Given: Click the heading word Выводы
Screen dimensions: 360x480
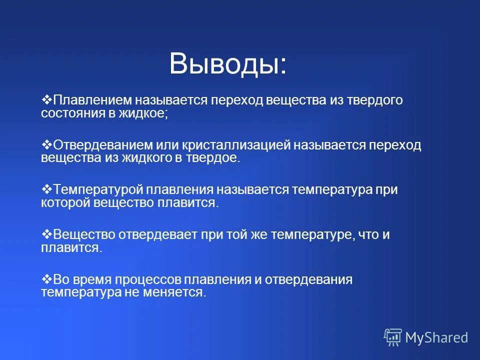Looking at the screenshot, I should (228, 65).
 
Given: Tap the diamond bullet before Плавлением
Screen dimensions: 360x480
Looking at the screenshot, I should (46, 100).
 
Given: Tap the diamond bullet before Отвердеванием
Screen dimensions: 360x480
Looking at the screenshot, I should (46, 145).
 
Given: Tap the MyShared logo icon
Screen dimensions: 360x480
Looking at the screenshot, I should (392, 337).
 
